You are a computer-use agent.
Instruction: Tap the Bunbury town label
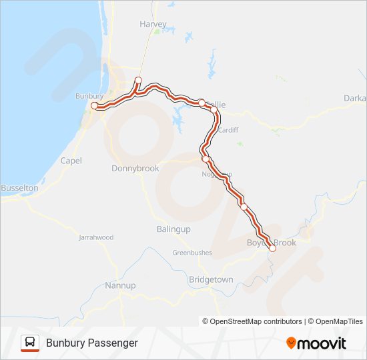point(89,96)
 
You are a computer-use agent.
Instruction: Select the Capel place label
point(71,161)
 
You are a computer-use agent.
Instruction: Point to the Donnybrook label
point(135,169)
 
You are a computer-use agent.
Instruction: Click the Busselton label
point(19,188)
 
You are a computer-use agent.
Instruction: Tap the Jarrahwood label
point(96,237)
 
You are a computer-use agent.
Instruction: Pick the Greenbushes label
point(192,253)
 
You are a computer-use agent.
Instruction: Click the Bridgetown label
point(211,280)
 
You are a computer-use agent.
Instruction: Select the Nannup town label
point(120,285)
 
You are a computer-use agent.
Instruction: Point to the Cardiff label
point(228,130)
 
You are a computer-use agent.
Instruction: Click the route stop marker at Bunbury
point(95,105)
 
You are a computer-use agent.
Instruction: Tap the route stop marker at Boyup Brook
point(272,248)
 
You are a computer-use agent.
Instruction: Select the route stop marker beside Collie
point(202,102)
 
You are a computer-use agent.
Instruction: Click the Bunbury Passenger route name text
point(92,343)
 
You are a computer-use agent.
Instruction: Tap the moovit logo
point(316,343)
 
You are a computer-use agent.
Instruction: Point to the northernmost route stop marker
point(138,81)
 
